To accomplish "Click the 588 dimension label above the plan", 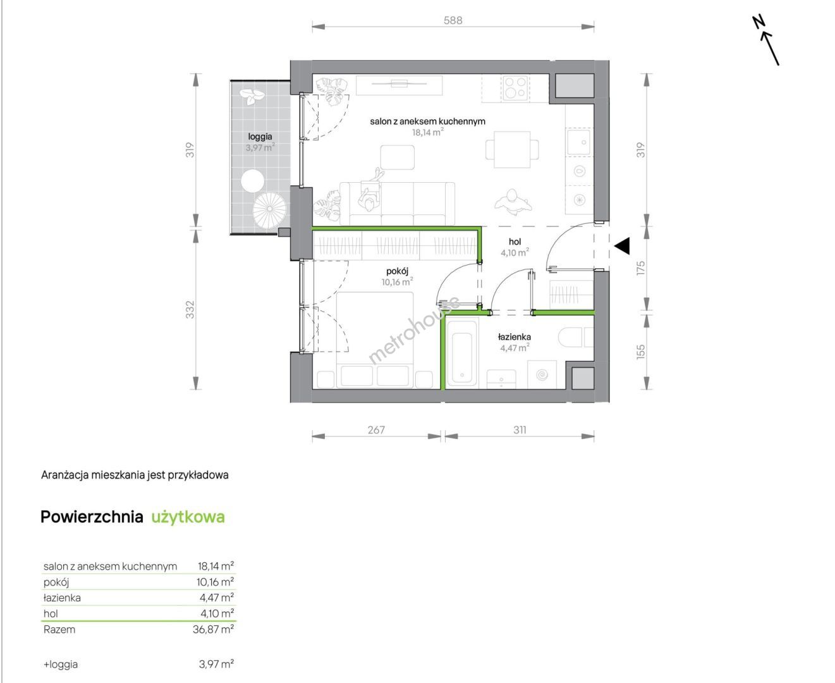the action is [453, 20].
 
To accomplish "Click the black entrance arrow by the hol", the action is [622, 245].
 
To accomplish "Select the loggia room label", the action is [260, 137].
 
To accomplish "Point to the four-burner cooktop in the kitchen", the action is [515, 87].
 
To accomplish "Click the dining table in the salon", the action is [512, 150].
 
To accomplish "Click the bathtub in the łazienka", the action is [462, 353].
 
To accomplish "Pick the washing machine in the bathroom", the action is [542, 374].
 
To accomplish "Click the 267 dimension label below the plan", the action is [376, 430].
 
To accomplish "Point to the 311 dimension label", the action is [520, 430].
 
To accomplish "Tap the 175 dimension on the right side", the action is [640, 268].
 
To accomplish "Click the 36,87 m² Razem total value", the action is [214, 629].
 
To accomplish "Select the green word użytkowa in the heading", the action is [188, 517].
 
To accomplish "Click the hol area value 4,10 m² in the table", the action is [217, 613].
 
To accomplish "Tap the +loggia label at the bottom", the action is [61, 664].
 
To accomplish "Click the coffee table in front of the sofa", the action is [398, 157].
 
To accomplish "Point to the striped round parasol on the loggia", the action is [270, 209].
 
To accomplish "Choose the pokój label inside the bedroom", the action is [397, 271].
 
